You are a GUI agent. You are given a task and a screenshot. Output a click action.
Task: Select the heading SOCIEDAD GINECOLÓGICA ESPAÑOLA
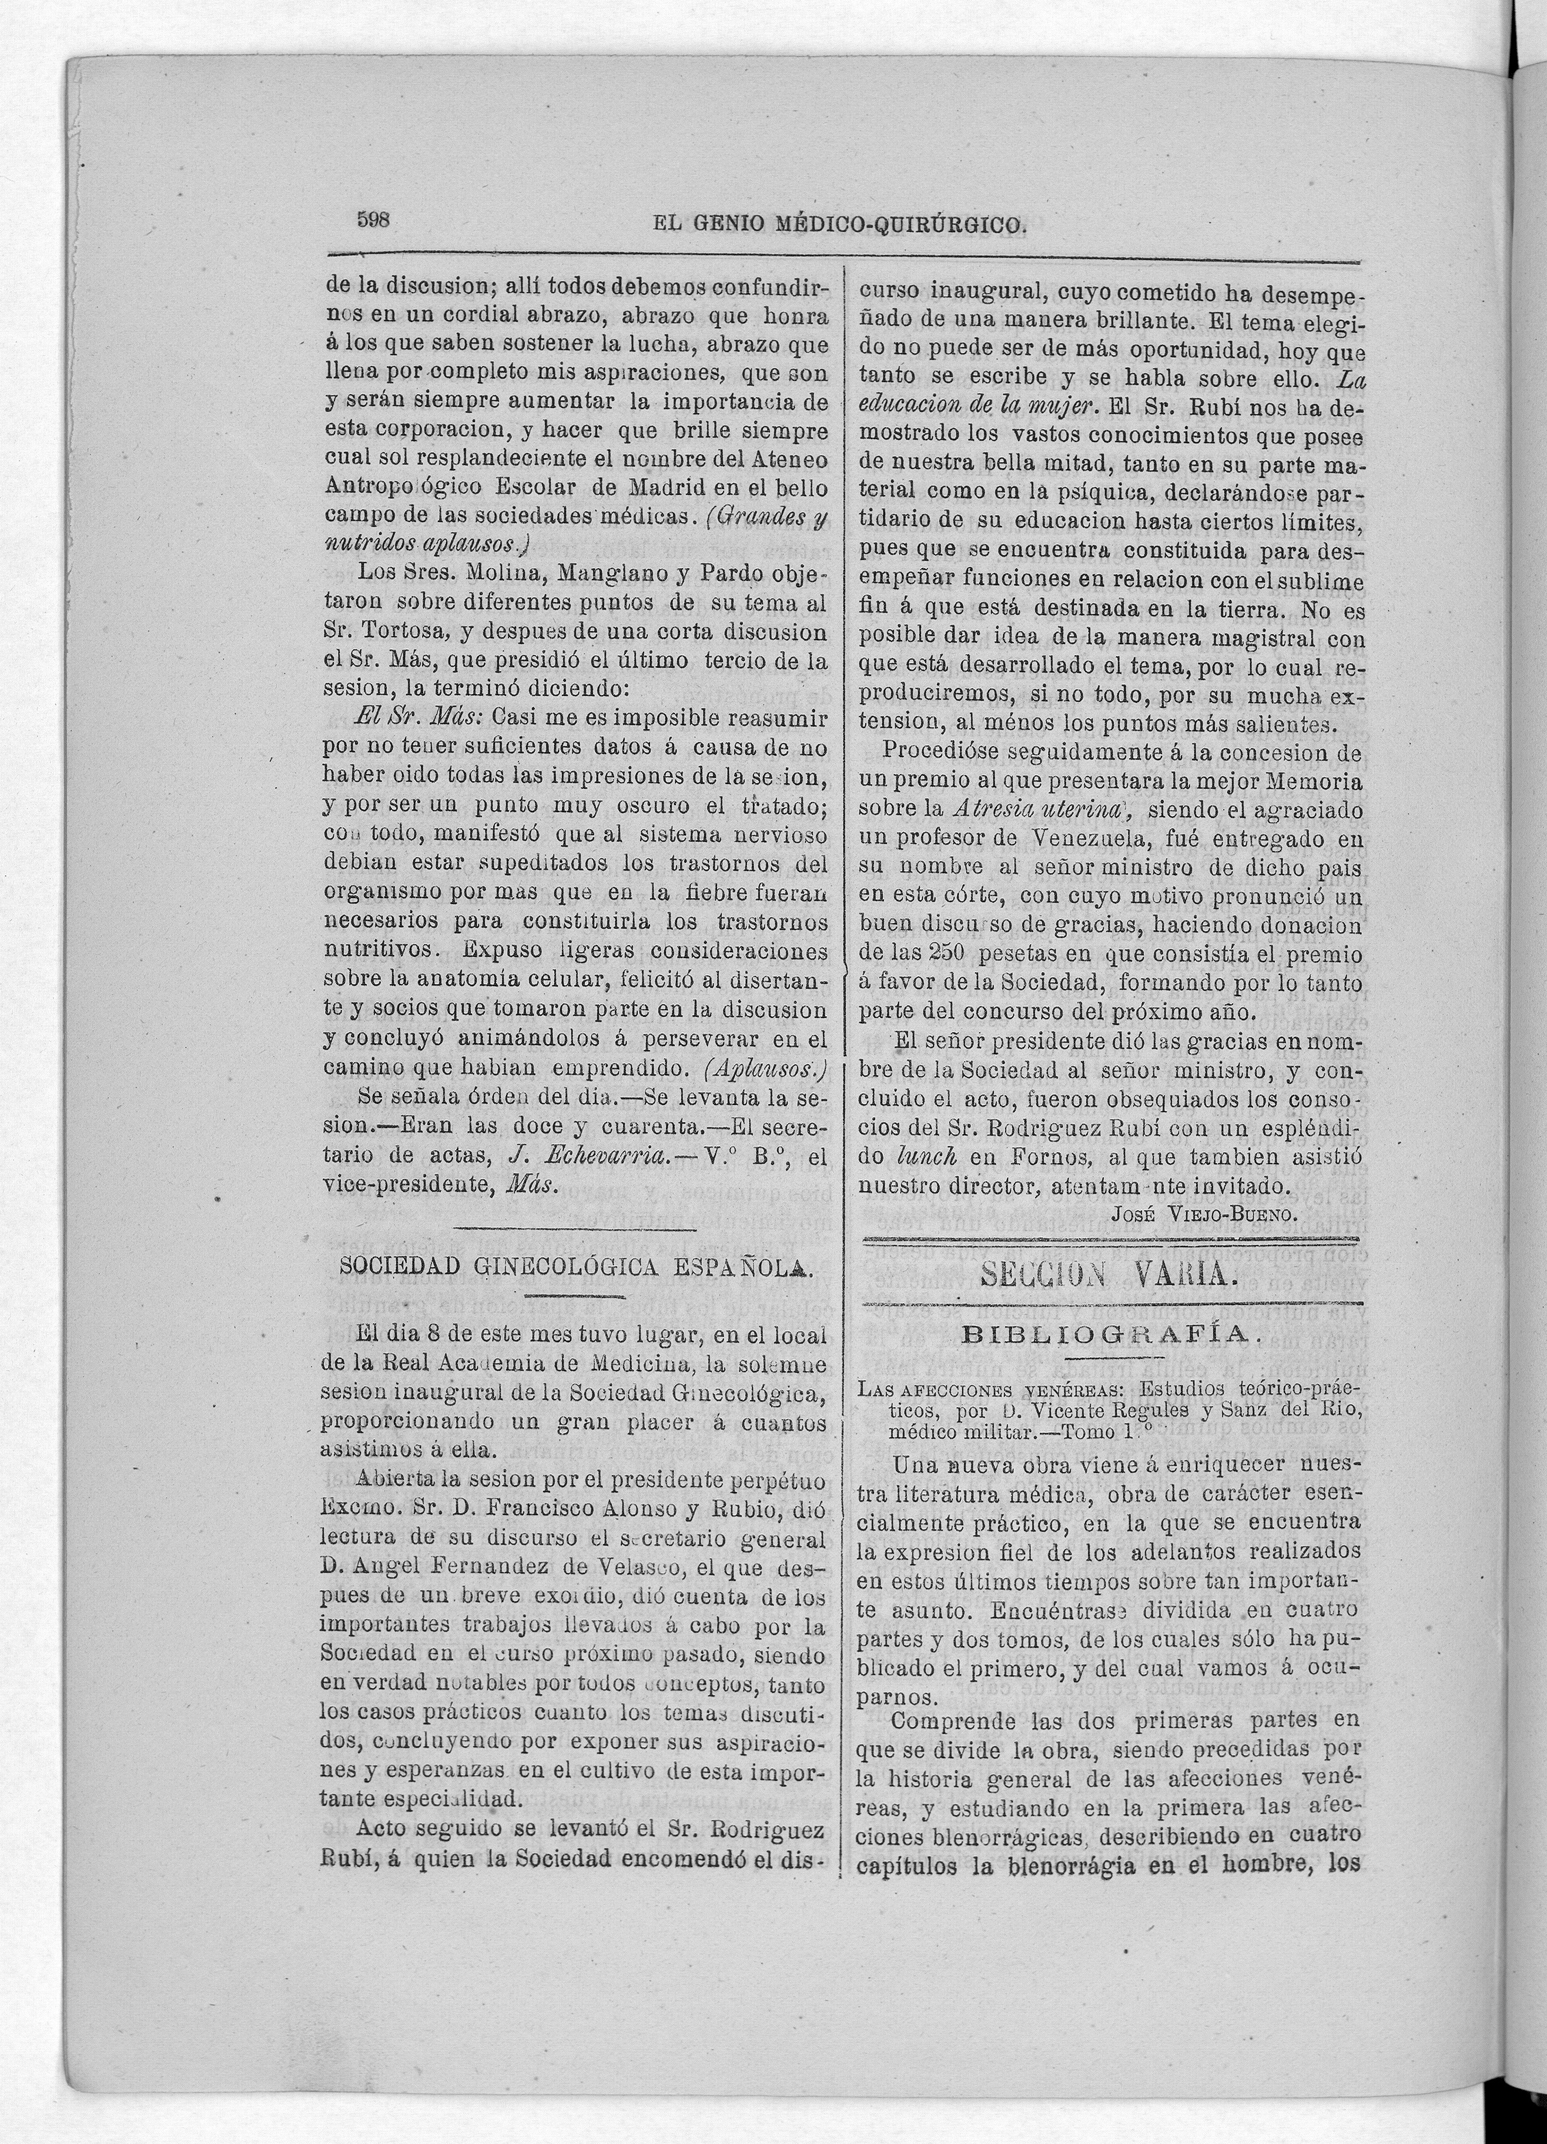[576, 1267]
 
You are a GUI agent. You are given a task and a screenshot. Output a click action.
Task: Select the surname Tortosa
[406, 631]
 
